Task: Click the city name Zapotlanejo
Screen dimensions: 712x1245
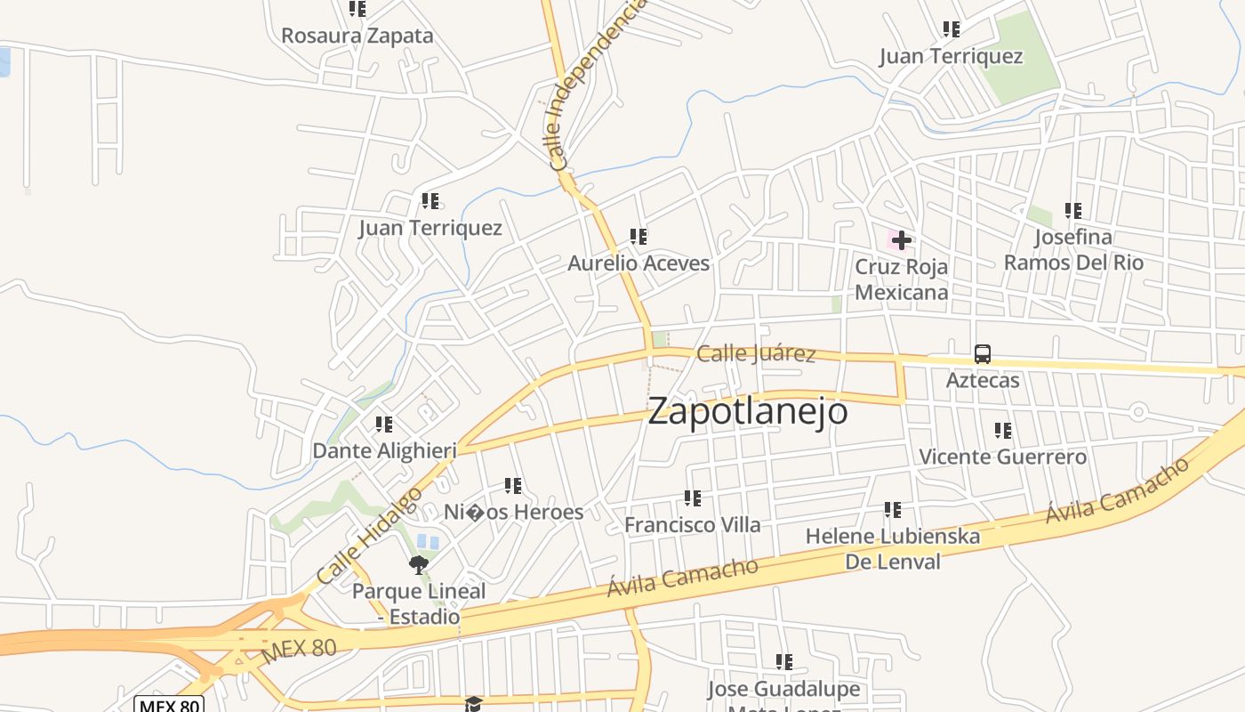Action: coord(747,412)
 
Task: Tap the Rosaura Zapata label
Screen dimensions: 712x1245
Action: coord(357,36)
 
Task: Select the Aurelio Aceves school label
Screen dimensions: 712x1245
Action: coord(639,263)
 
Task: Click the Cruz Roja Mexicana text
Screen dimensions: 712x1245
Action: coord(901,279)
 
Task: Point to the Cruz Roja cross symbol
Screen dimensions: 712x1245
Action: coord(901,240)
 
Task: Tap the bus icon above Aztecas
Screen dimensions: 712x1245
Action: coord(982,353)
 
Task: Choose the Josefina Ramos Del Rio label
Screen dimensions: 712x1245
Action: coord(1073,250)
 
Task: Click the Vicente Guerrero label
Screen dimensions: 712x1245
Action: coord(1002,457)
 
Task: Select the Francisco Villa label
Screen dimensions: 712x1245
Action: coord(692,525)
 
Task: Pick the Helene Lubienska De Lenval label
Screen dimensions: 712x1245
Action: coord(892,549)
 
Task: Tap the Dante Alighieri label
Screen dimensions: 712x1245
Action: coord(384,451)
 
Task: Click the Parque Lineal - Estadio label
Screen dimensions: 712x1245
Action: coord(419,603)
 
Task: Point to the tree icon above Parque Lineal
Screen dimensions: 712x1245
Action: coord(418,564)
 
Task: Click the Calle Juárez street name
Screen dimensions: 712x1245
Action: coord(756,354)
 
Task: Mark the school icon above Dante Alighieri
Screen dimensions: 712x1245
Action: coord(384,425)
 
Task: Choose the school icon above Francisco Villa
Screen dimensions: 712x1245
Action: coord(693,498)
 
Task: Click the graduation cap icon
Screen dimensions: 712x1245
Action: coord(473,704)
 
